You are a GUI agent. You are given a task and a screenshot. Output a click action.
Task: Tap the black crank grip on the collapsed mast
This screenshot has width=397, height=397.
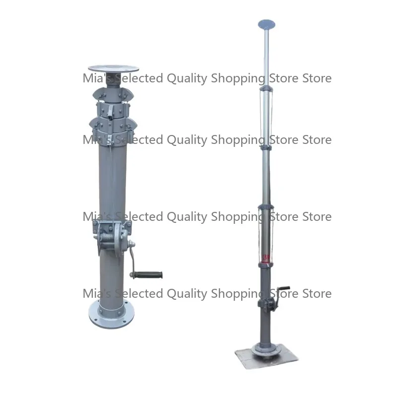pos(153,274)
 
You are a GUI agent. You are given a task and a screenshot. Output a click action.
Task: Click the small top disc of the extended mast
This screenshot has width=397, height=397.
pos(267,23)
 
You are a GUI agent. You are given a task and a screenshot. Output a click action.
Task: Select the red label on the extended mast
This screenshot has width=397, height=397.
pos(266,257)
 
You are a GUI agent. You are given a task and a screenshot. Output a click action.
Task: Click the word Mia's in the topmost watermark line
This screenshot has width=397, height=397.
pos(94,78)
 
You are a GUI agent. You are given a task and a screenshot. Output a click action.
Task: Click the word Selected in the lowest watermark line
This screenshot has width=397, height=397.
pos(136,293)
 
